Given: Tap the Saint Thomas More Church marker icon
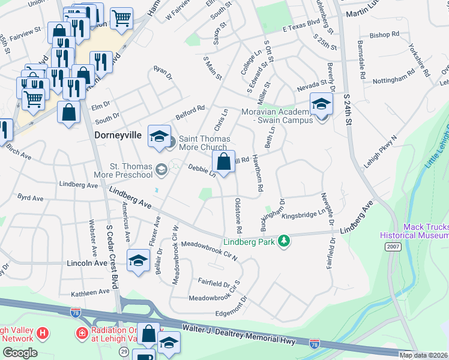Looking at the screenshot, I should coord(171,142).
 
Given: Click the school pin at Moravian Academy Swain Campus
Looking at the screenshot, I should coord(321,104).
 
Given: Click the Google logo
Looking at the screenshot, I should coord(20,353).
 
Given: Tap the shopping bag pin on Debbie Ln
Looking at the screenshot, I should coord(223,161).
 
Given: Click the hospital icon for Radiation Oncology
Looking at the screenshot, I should coord(81,332).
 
